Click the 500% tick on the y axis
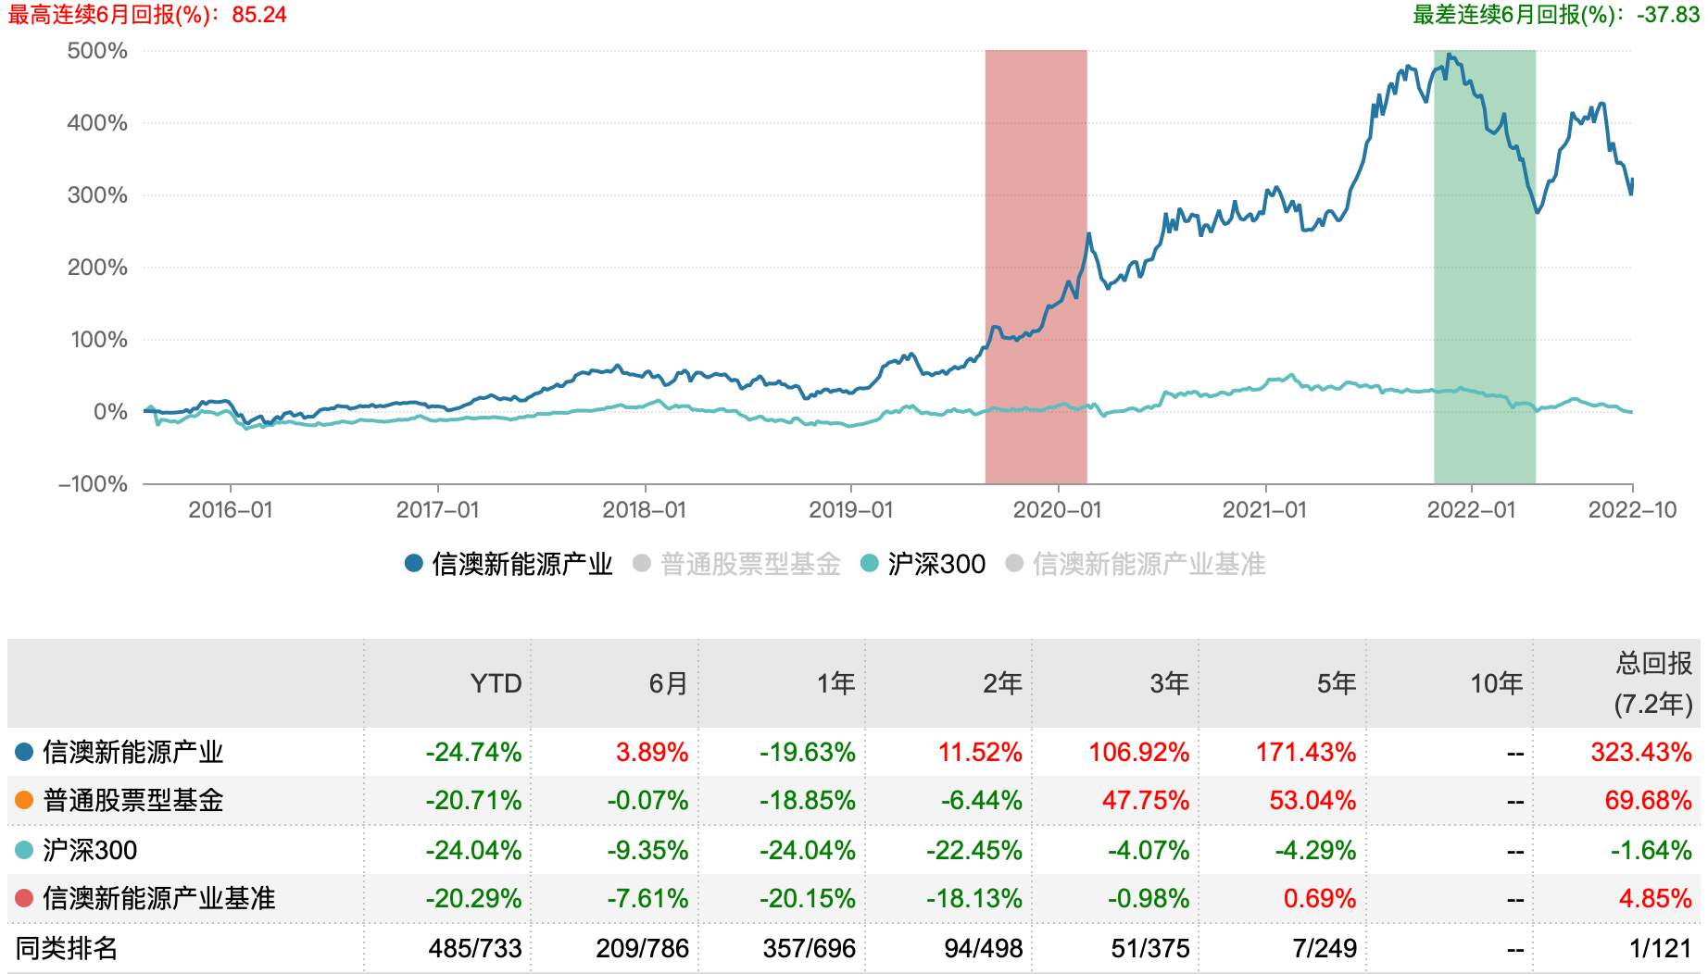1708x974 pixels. point(97,51)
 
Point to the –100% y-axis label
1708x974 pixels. point(94,484)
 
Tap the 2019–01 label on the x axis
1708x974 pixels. point(850,510)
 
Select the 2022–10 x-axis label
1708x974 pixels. point(1632,510)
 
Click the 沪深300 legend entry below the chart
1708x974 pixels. point(936,564)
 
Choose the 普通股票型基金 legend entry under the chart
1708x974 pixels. point(749,564)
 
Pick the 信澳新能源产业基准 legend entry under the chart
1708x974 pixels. point(1148,564)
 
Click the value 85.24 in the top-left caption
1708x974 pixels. point(259,15)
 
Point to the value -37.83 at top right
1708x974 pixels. point(1668,15)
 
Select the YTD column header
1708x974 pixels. point(496,683)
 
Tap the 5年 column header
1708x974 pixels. point(1336,683)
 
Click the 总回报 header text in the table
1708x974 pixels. point(1653,663)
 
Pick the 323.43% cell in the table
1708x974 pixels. point(1640,752)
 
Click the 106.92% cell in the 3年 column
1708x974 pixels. point(1138,752)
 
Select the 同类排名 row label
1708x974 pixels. point(67,948)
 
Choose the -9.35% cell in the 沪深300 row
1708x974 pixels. point(647,850)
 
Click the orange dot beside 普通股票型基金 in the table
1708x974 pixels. point(24,800)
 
